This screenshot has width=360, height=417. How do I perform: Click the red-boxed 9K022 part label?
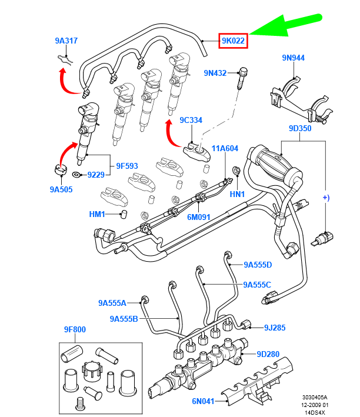tap(234, 41)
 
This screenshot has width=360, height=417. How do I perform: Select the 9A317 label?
tap(66, 41)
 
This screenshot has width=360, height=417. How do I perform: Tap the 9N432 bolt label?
tap(215, 73)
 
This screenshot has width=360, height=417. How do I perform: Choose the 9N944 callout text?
tap(293, 58)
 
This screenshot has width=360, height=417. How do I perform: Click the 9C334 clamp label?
tap(191, 120)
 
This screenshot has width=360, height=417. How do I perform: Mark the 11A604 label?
tap(225, 149)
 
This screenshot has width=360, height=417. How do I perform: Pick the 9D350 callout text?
tap(300, 128)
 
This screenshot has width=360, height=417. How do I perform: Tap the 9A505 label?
tap(61, 189)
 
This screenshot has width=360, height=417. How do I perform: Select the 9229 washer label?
tap(96, 175)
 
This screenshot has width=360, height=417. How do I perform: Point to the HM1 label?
tap(98, 214)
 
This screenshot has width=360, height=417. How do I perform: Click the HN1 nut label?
tap(236, 194)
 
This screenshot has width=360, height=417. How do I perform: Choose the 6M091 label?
tap(199, 216)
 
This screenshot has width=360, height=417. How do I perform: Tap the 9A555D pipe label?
tap(258, 265)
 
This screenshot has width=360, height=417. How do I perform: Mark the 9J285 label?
tap(275, 327)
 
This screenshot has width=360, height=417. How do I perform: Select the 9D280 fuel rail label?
tap(268, 354)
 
